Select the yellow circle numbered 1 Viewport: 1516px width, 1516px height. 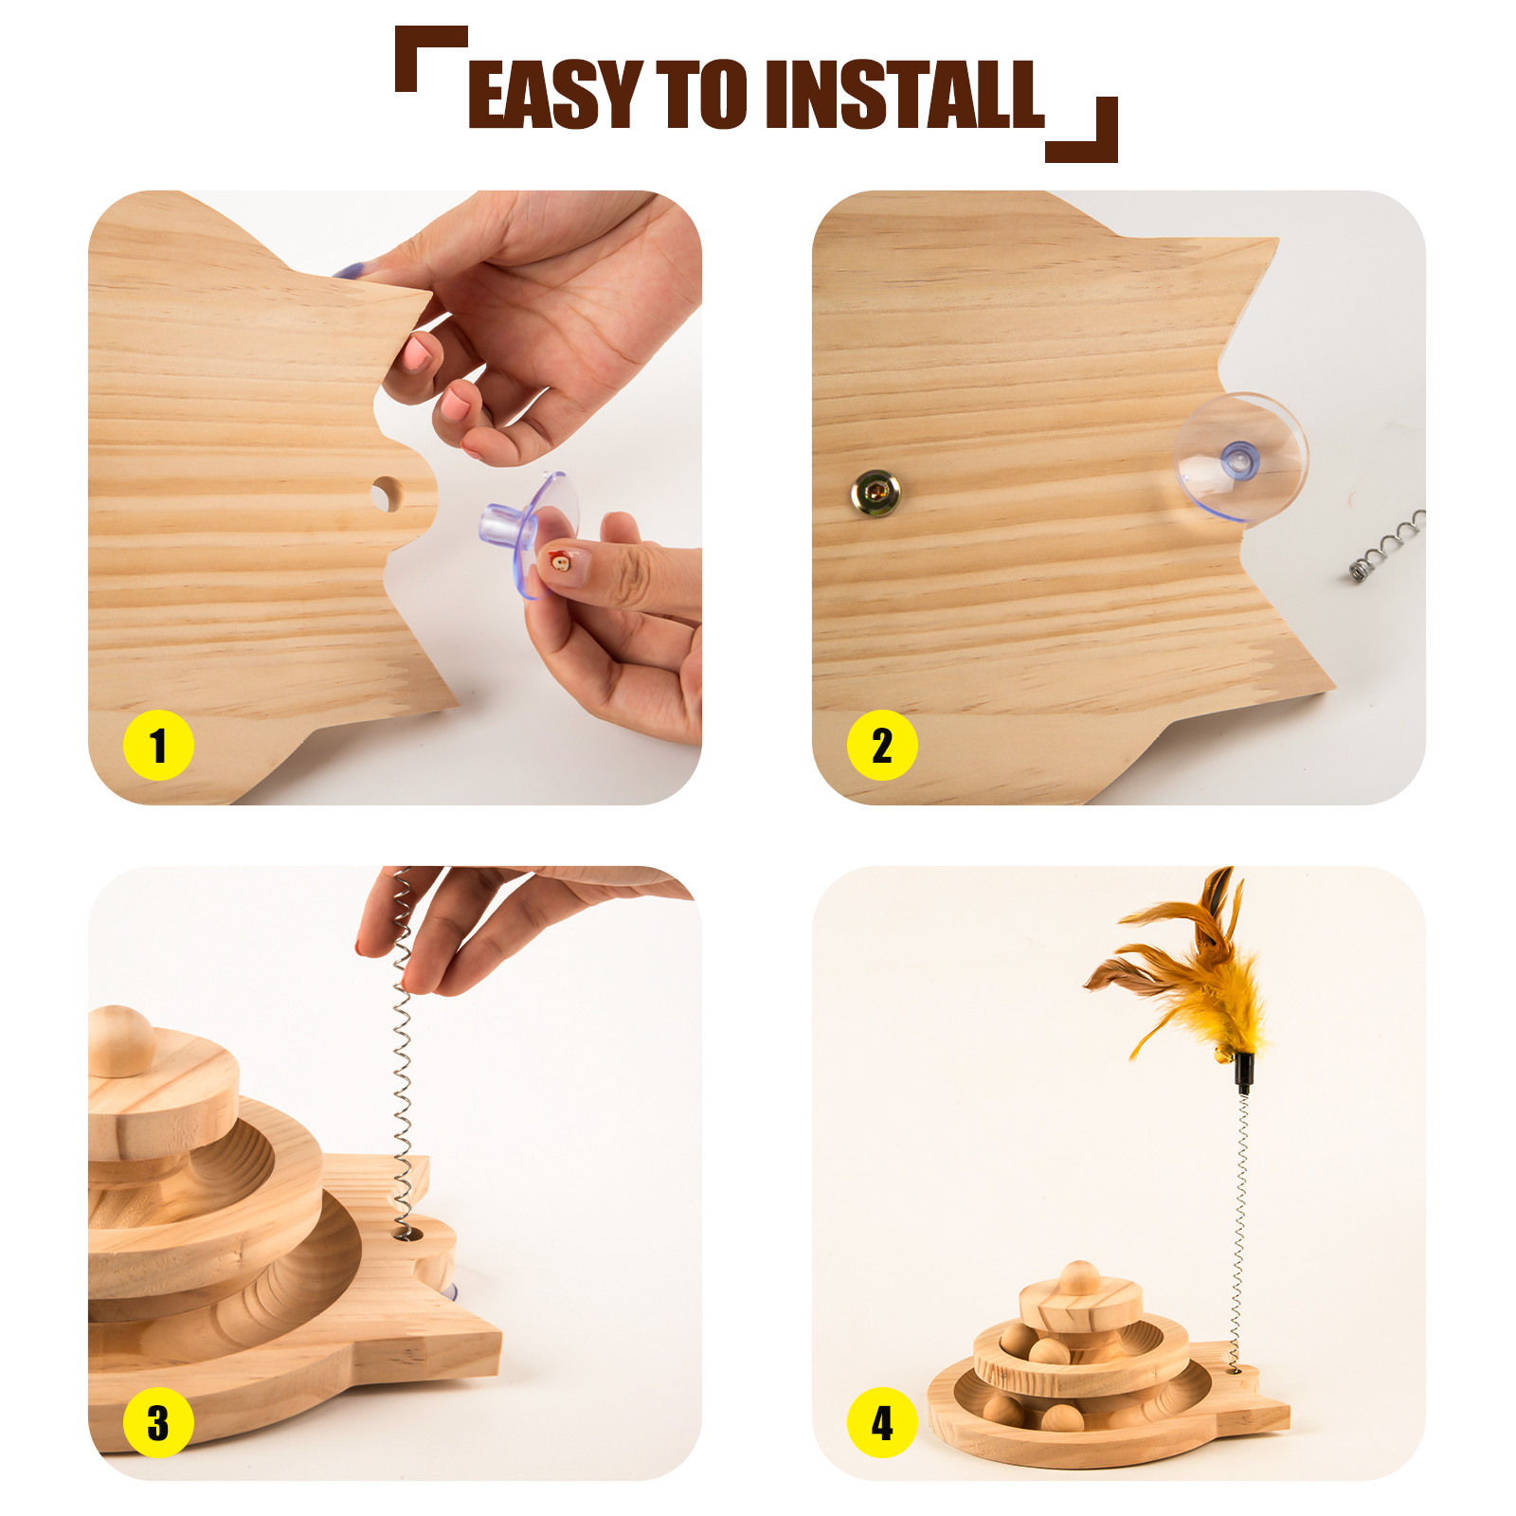click(158, 745)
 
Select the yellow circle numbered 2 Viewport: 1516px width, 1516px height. click(882, 745)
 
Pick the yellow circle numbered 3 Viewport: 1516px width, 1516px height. click(158, 1422)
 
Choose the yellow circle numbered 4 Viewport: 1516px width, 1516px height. click(882, 1422)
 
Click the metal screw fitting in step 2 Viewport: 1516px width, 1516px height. click(875, 492)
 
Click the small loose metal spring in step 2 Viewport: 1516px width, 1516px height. click(1387, 547)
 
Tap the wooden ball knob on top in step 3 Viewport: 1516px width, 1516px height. click(120, 1040)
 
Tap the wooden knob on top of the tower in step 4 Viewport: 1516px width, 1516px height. click(1079, 1276)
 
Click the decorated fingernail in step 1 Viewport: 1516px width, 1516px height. click(559, 562)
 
